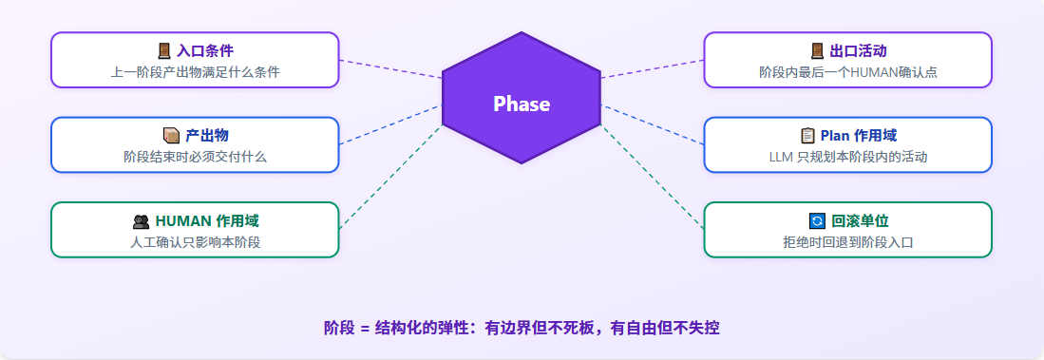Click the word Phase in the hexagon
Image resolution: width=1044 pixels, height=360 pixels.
pos(522,104)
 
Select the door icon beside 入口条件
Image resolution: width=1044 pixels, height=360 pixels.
pos(163,50)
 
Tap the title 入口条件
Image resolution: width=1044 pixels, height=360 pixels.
pos(205,50)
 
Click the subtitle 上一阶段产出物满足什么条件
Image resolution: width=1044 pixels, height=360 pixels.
pos(195,72)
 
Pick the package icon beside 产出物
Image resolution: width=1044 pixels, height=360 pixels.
pos(172,136)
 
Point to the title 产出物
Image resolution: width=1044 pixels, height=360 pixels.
pos(207,136)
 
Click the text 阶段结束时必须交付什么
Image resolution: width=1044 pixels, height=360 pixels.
pos(195,157)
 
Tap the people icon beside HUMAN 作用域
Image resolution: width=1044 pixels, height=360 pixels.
pos(141,221)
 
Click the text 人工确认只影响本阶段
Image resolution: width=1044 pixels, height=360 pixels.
pos(195,242)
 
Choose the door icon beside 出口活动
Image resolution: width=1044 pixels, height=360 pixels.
pos(817,50)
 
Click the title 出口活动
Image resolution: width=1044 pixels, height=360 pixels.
pos(858,50)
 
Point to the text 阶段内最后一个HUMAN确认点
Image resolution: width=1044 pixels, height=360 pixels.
pos(848,72)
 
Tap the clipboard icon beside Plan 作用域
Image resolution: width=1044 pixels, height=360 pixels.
pos(807,136)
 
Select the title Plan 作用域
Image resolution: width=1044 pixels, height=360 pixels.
pos(858,136)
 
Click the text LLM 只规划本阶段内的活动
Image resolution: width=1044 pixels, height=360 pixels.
pos(848,157)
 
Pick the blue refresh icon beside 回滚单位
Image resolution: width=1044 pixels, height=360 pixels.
pos(816,221)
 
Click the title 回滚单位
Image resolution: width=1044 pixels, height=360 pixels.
pos(860,221)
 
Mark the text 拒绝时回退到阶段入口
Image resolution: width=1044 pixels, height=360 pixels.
pos(848,242)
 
